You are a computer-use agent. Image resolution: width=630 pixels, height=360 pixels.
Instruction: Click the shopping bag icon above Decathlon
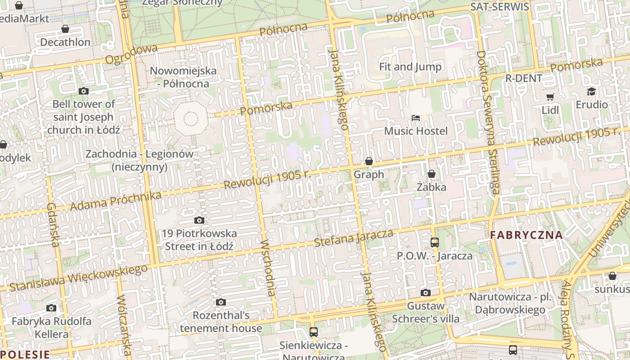point(65,29)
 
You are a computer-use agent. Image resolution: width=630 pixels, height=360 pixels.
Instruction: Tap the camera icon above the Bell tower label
point(83,91)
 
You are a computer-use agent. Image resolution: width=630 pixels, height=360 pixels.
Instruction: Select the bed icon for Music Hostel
point(416,118)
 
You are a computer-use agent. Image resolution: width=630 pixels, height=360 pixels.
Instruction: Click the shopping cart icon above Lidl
point(550,97)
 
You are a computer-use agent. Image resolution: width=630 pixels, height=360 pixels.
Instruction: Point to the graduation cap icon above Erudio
point(591,92)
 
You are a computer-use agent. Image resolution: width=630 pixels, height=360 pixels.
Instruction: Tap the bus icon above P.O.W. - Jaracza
point(435,243)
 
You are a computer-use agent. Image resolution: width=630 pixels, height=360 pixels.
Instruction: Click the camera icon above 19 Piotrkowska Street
point(199,220)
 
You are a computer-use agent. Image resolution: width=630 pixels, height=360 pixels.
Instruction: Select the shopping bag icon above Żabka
point(432,174)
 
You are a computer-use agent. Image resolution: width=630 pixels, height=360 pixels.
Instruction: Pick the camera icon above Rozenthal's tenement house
point(220,302)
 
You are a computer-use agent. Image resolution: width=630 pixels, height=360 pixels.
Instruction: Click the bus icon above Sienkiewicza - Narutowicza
point(314,332)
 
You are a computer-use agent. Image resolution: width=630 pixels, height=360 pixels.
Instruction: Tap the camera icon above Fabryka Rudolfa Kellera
point(51,308)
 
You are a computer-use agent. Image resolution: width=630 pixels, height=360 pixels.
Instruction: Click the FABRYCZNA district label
point(526,235)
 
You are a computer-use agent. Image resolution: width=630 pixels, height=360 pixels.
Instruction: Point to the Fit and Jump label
point(410,67)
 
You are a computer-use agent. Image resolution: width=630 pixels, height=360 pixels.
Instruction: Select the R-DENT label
point(524,78)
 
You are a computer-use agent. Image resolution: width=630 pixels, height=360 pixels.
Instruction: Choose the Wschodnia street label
point(268,268)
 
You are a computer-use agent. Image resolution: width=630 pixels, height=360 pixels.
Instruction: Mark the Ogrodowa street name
point(131,54)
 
